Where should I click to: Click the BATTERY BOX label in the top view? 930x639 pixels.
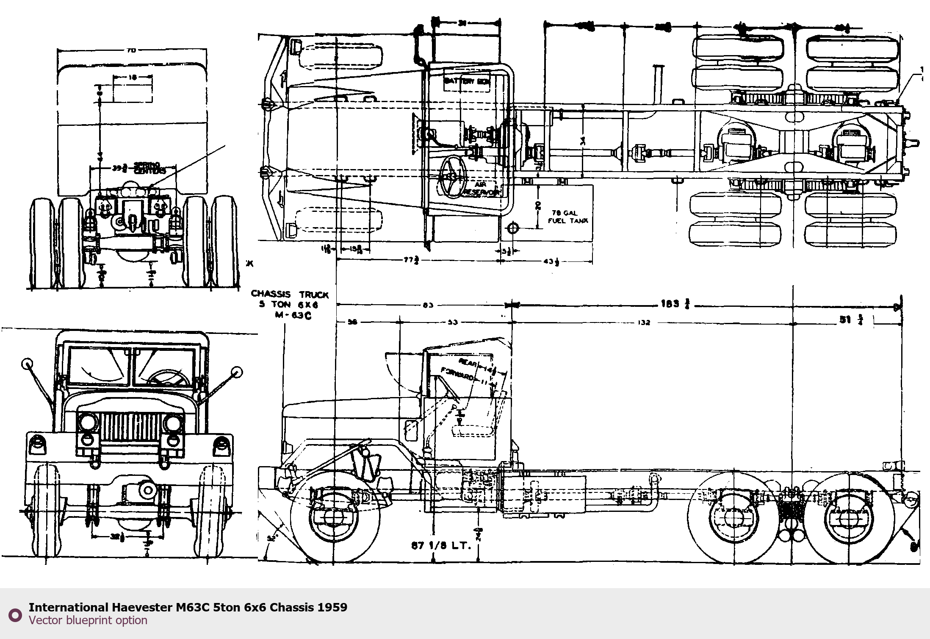tap(467, 81)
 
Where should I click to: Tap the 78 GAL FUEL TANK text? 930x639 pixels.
tap(568, 217)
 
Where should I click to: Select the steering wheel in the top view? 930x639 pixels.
tap(452, 175)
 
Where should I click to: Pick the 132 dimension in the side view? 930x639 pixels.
tap(643, 323)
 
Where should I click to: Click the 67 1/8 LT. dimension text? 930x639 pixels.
tap(441, 546)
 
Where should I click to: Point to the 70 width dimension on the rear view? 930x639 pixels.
tap(131, 50)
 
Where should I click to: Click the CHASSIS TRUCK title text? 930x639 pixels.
tap(290, 294)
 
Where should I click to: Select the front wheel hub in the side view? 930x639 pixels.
tap(333, 518)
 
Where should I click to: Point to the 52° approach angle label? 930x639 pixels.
tap(271, 538)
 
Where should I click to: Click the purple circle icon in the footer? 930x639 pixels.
tap(15, 615)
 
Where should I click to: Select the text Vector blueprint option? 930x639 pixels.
tap(88, 620)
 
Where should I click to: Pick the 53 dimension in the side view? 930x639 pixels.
tap(452, 323)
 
